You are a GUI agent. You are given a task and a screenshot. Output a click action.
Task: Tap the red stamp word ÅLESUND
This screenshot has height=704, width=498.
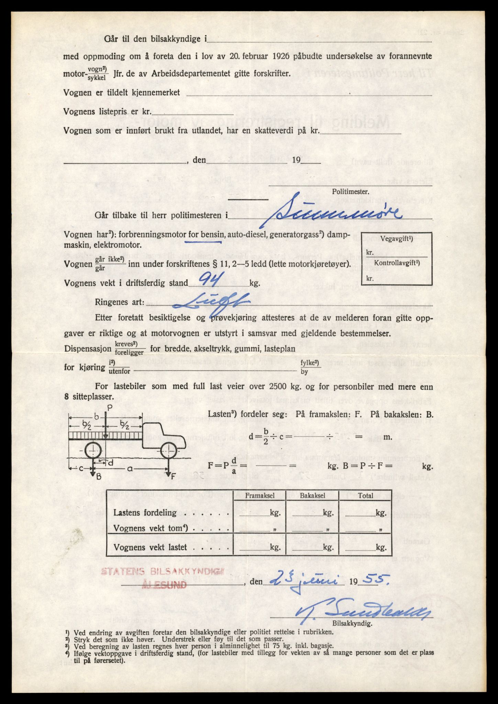(164, 585)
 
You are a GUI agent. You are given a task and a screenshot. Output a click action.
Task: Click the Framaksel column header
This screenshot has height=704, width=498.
(259, 496)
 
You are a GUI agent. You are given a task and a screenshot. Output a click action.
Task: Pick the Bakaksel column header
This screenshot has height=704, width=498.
(312, 496)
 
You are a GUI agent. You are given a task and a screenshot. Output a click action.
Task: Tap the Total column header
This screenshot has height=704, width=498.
(365, 496)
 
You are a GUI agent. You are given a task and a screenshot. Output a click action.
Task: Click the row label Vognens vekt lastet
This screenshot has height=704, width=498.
(150, 547)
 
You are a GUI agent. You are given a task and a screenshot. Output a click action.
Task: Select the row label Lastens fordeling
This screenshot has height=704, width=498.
(145, 513)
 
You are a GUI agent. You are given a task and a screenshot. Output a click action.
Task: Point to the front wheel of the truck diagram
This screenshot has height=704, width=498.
(169, 450)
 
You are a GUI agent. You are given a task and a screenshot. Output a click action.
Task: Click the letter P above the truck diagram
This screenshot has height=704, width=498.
(109, 408)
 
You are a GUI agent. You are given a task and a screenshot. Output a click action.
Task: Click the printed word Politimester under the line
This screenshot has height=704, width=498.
(350, 192)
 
